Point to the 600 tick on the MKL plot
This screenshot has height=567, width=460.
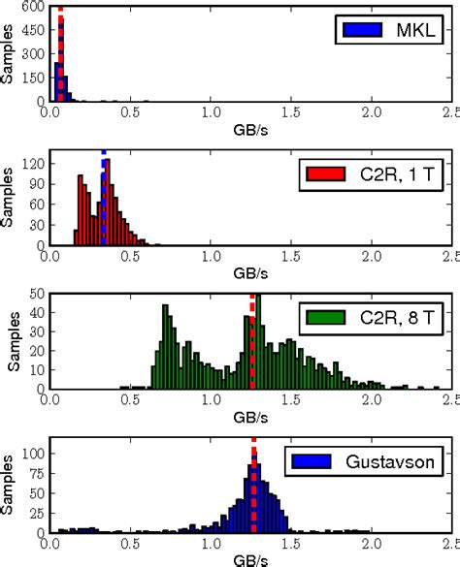point(33,7)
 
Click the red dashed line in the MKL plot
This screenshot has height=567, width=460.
point(60,53)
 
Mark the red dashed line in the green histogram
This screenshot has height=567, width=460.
point(252,339)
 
